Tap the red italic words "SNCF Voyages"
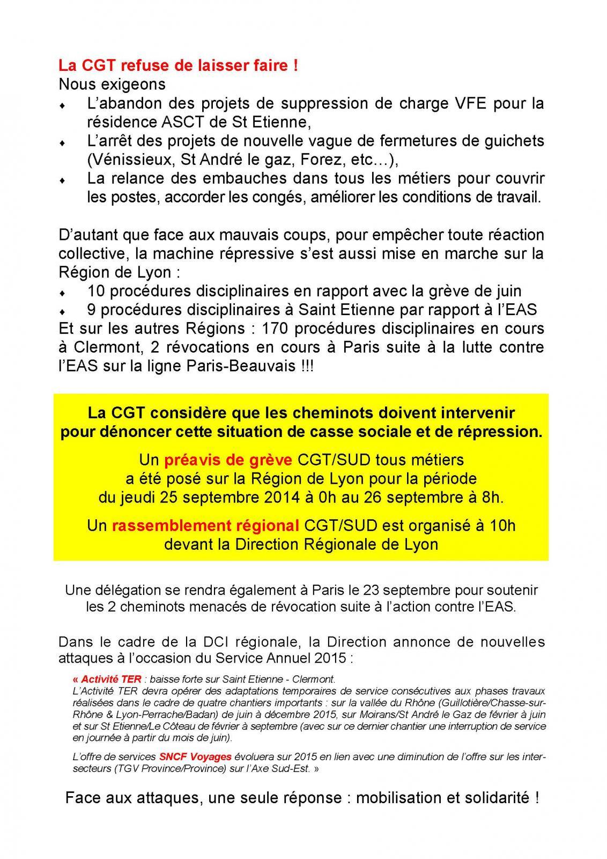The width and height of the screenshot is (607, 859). [x=195, y=757]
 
